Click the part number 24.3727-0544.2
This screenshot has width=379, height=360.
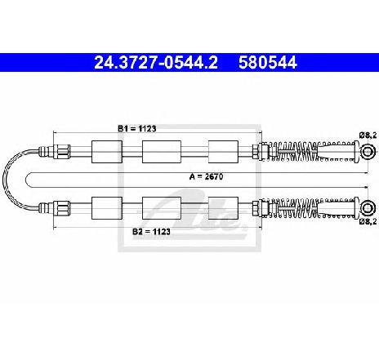(x=156, y=63)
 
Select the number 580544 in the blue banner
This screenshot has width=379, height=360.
(x=267, y=63)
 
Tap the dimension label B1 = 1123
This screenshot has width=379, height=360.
(x=136, y=128)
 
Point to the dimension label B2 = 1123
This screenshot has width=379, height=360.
(x=151, y=232)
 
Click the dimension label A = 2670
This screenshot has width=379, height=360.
(x=206, y=177)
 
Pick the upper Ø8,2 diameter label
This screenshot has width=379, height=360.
(x=368, y=135)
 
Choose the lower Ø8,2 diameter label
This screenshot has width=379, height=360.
(x=368, y=221)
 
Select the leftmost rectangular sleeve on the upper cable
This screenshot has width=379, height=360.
(x=107, y=152)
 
